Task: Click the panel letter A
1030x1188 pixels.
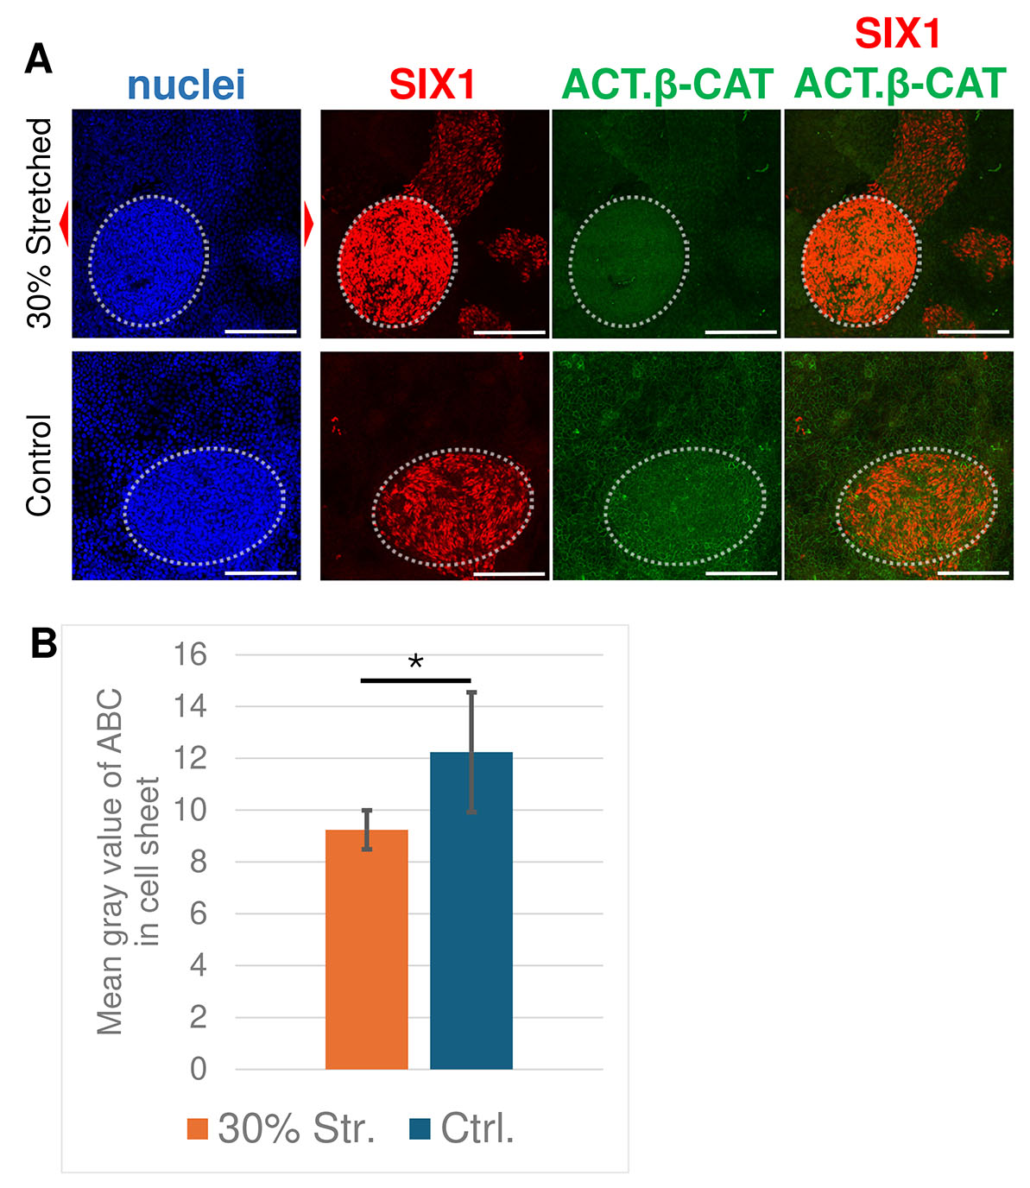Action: pos(39,60)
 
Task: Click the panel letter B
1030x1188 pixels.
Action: pos(44,643)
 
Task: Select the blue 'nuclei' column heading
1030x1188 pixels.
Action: pos(186,85)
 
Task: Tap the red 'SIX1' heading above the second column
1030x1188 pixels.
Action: pos(433,85)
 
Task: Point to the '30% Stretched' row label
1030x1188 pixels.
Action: pos(40,223)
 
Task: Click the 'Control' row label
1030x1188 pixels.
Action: pos(40,465)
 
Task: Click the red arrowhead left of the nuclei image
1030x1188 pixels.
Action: pos(64,223)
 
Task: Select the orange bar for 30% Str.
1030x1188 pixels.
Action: pos(366,949)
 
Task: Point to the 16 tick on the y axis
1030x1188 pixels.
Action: pos(190,654)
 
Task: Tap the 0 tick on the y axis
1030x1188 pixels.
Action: pos(198,1069)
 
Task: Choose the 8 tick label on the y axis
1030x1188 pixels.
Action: pos(198,862)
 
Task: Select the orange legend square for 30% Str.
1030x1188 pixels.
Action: pos(198,1129)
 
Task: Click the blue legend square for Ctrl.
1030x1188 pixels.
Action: pos(420,1129)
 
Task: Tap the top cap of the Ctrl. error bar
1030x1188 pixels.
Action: pos(471,692)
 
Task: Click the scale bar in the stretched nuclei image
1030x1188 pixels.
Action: pos(260,331)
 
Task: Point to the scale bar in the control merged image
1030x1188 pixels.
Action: pos(972,572)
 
